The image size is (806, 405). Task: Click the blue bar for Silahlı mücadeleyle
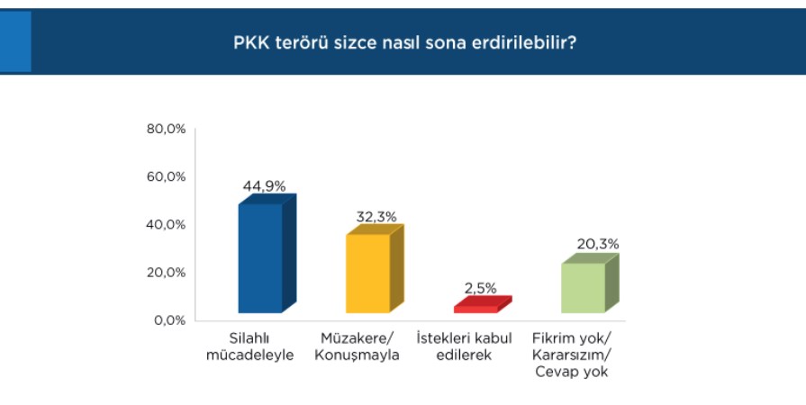pos(267,254)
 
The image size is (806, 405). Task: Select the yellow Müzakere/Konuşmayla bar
pos(375,269)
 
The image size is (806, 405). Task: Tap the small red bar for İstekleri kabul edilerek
pos(483,304)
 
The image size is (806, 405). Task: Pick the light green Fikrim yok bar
pos(590,283)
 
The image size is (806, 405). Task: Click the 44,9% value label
pos(264,186)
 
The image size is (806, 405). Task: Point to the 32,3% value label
pos(376,217)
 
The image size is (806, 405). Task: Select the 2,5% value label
pos(481,288)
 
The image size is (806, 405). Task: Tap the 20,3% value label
pos(598,244)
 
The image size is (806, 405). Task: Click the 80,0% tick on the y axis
pos(166,129)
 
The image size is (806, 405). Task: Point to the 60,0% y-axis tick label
pos(166,176)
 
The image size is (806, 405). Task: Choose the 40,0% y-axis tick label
pos(166,225)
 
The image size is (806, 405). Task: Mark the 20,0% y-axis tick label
pos(166,273)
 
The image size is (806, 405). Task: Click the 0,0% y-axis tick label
pos(168,320)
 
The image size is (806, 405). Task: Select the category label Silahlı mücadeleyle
pos(249,346)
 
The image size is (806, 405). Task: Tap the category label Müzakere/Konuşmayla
pos(357,346)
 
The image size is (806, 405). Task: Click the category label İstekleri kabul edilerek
pos(464,346)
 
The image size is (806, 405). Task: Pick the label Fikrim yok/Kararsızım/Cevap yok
pos(572,355)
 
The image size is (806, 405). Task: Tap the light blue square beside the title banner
pos(15,41)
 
